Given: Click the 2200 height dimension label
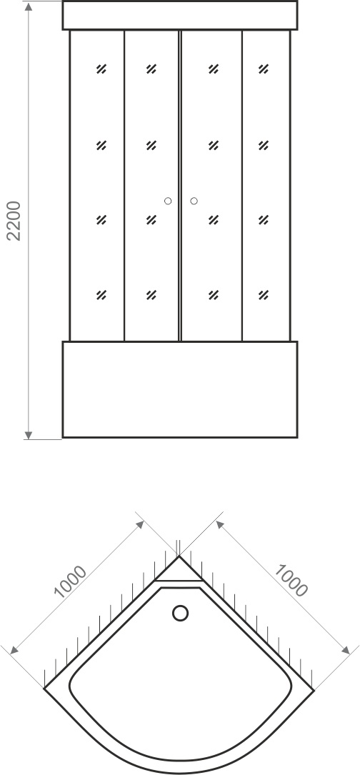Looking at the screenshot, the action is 14,221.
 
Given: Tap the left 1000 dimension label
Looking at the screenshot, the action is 70,581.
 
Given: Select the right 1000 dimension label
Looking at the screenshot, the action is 291,580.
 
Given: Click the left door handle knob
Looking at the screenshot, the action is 168,201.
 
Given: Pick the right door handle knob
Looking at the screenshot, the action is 194,201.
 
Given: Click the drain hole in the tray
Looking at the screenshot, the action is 180,614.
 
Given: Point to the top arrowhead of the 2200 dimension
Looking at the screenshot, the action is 29,7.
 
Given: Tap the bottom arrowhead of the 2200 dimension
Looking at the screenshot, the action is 29,434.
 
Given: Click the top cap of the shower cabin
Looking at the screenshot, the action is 180,15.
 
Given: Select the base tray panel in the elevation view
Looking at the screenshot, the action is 180,389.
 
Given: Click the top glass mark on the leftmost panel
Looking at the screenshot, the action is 101,69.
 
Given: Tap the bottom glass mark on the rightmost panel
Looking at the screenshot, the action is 263,295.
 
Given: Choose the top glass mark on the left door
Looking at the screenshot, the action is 151,69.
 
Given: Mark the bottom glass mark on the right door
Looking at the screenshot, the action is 213,295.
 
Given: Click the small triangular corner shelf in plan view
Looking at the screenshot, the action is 179,571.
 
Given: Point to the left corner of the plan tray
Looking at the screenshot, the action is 44,688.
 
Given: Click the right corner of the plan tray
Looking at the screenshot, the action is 314,689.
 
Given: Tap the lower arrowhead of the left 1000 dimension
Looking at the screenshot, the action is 14,651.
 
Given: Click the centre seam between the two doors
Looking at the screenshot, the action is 180,186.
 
